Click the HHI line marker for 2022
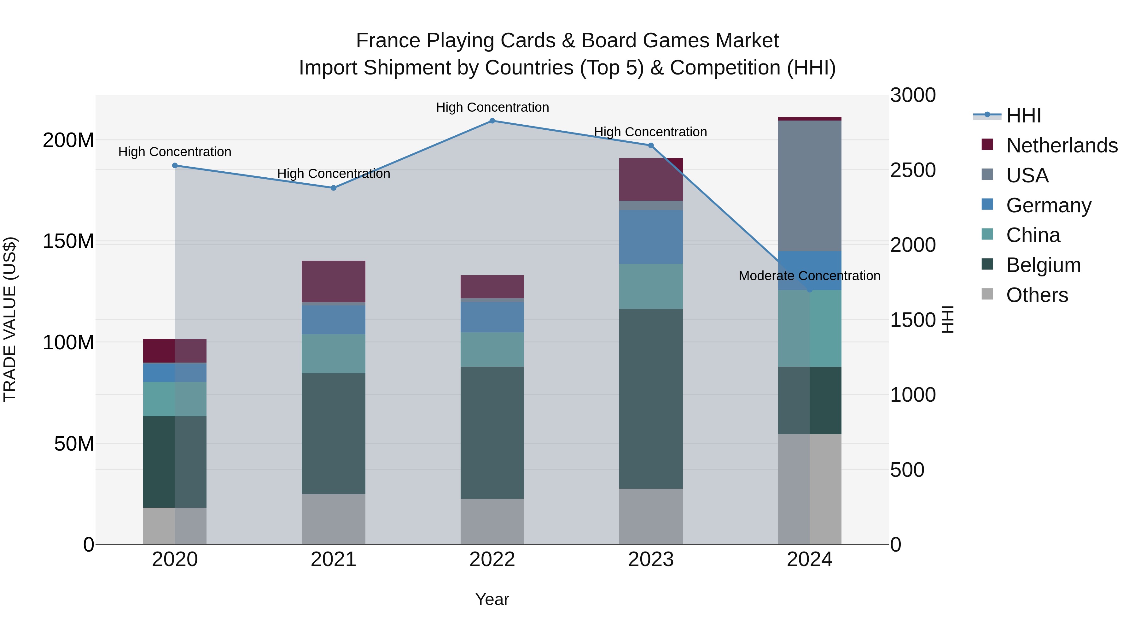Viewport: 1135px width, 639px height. coord(492,121)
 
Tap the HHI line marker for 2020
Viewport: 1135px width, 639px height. coord(175,165)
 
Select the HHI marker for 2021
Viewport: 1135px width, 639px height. coord(334,188)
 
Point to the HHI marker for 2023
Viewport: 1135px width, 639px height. coord(651,145)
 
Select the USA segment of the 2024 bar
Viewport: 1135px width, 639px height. coord(809,186)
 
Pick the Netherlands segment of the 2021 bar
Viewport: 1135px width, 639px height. coord(334,281)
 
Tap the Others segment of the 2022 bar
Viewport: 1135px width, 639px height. coord(492,521)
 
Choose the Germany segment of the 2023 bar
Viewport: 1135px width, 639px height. coord(651,237)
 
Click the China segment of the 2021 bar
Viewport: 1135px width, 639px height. coord(334,354)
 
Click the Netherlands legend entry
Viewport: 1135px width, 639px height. coord(1062,145)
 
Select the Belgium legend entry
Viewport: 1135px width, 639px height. coord(1043,265)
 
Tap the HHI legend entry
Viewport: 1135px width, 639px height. coord(1023,115)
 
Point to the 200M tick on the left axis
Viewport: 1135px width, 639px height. coord(68,140)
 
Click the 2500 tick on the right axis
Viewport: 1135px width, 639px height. coord(912,170)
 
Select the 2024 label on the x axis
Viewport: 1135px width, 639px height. coord(809,559)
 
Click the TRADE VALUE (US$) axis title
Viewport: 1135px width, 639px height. coord(10,319)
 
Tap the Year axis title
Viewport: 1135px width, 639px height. coord(492,599)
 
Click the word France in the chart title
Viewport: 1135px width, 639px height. coord(388,41)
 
